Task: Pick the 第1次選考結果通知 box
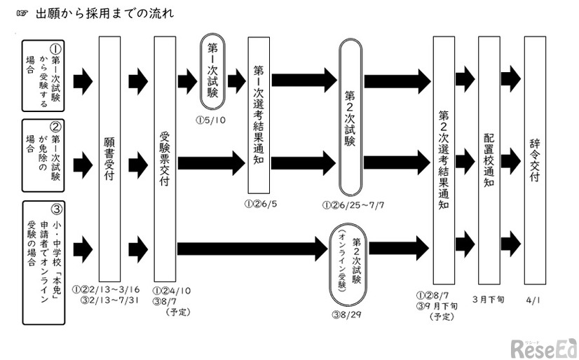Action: [x=259, y=116]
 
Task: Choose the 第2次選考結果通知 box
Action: [x=443, y=158]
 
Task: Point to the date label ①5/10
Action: [x=212, y=118]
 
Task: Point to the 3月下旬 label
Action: [x=488, y=298]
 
